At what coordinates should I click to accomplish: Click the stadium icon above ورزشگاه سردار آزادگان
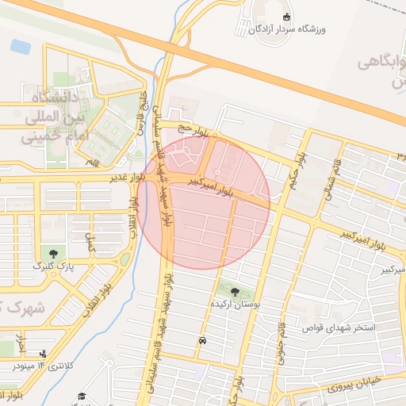286,17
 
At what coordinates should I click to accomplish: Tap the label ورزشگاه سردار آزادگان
286,30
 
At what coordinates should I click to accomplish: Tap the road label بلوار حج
198,130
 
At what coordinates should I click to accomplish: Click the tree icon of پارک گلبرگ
53,255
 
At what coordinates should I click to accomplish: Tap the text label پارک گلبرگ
52,267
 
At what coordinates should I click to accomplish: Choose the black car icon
203,341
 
